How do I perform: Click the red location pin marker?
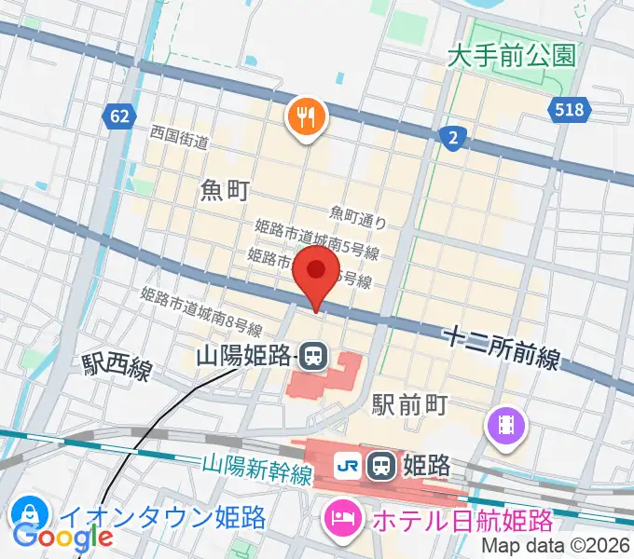click(x=315, y=272)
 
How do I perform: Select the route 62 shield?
click(x=118, y=116)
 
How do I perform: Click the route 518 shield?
click(x=568, y=110)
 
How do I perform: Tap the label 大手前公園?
click(x=511, y=56)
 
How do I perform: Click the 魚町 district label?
click(x=225, y=191)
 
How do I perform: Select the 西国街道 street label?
click(x=179, y=141)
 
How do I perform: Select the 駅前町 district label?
click(x=411, y=405)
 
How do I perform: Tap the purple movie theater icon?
click(x=506, y=427)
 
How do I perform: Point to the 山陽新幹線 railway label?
click(x=256, y=468)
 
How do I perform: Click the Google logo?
click(x=63, y=537)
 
